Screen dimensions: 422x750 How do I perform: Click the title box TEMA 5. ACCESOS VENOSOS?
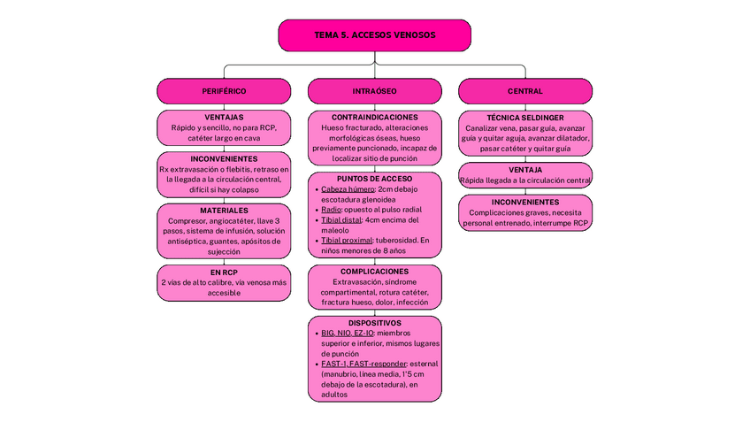point(374,35)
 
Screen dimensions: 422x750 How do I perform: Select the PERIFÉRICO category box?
point(224,91)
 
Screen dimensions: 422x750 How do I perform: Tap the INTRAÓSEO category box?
point(374,91)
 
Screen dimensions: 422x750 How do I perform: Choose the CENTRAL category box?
point(524,91)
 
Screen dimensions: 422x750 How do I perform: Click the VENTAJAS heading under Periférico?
point(224,117)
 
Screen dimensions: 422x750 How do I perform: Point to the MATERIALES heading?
point(224,211)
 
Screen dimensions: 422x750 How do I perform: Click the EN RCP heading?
point(224,272)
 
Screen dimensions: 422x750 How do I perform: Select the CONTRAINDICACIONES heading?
point(374,117)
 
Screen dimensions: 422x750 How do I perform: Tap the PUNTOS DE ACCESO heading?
point(374,179)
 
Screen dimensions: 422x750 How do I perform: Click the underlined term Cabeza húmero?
point(348,189)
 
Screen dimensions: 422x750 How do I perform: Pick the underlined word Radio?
point(331,210)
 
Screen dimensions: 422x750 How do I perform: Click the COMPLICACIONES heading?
point(374,272)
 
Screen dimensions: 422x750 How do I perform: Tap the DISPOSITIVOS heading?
point(374,323)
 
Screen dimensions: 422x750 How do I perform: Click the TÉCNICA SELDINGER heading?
point(524,117)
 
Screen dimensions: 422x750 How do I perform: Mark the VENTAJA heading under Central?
point(524,169)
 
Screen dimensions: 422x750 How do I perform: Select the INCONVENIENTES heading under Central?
point(524,202)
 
